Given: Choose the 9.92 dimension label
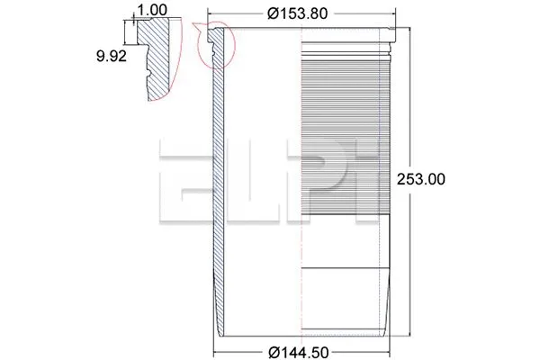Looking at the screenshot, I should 112,56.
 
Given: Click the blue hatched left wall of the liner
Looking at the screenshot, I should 216,180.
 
